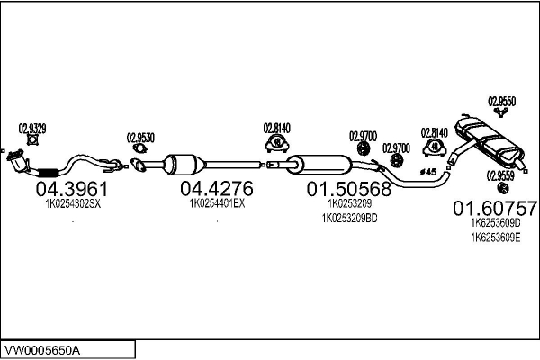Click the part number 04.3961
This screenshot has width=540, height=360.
72,189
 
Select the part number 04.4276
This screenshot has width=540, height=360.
217,188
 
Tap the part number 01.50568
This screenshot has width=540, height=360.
349,189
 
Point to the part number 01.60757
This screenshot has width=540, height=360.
495,208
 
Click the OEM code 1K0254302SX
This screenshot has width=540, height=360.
73,204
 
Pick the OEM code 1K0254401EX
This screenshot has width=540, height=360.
217,203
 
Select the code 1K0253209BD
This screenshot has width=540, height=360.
349,219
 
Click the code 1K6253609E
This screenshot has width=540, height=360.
496,238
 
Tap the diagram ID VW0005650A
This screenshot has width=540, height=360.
42,351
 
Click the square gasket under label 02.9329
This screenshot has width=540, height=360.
32,139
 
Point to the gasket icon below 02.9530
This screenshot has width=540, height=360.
139,148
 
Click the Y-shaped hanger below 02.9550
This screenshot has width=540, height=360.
501,112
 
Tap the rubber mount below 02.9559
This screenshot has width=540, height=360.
503,188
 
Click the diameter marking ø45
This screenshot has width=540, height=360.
428,172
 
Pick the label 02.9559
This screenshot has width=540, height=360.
500,176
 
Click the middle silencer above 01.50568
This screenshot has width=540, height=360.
319,165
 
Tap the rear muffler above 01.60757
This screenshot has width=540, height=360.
489,140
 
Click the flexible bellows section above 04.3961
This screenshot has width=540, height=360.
48,172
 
